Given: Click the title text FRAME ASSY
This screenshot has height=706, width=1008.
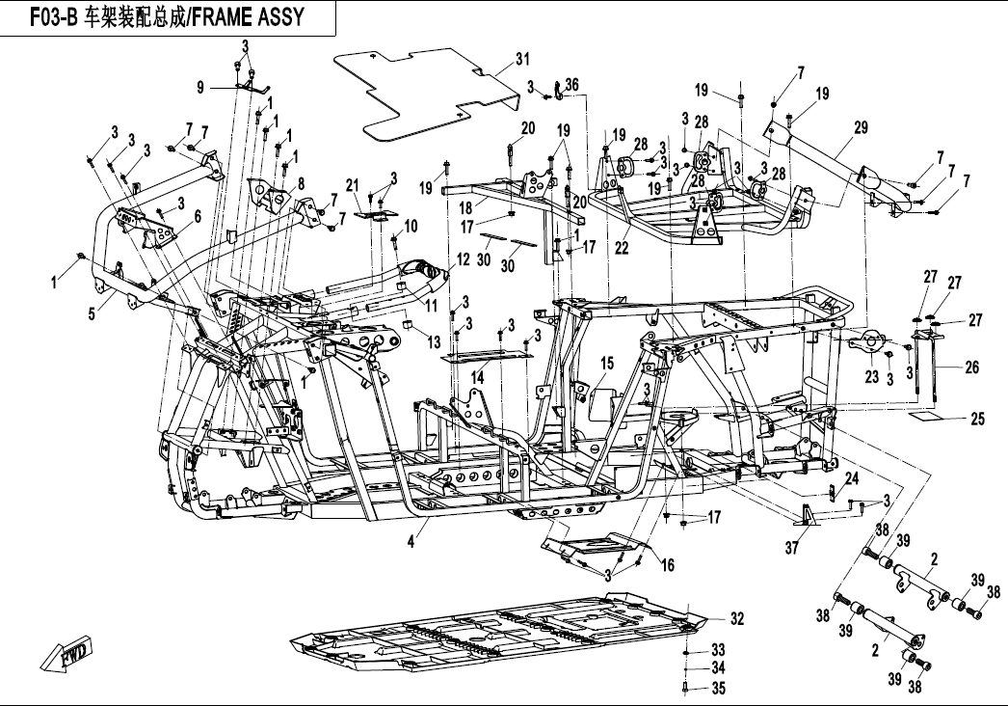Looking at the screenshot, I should pyautogui.click(x=251, y=16).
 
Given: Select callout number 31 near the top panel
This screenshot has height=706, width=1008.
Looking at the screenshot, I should pyautogui.click(x=522, y=60).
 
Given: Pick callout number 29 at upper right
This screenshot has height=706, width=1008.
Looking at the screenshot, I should pyautogui.click(x=861, y=127).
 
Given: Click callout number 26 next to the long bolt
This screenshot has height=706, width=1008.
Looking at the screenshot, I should pyautogui.click(x=971, y=367).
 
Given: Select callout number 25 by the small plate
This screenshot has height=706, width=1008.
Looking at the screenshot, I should pyautogui.click(x=977, y=419).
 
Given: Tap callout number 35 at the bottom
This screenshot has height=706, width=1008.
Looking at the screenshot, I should pyautogui.click(x=717, y=688).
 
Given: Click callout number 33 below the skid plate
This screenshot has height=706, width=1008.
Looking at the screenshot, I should pyautogui.click(x=717, y=649).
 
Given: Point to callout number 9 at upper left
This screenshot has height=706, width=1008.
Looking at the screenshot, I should pyautogui.click(x=200, y=88).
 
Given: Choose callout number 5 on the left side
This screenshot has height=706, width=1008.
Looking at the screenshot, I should pyautogui.click(x=92, y=313).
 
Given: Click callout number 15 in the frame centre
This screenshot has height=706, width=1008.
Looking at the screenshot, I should pyautogui.click(x=607, y=363).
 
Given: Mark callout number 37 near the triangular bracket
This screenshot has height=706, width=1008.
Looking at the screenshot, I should pyautogui.click(x=791, y=549).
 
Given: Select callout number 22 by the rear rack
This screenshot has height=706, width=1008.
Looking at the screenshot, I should pyautogui.click(x=623, y=248).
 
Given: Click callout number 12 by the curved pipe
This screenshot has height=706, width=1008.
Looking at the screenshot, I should pyautogui.click(x=464, y=258).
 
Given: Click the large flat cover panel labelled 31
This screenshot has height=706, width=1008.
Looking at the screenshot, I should pyautogui.click(x=424, y=96).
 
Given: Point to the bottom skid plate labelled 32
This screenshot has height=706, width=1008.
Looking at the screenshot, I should pyautogui.click(x=501, y=637).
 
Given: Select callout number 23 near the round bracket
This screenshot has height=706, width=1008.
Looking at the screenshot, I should pyautogui.click(x=872, y=377).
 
